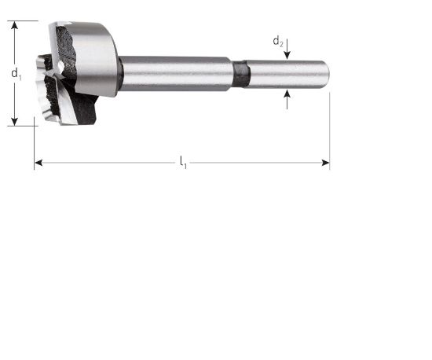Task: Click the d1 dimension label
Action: (x=16, y=73)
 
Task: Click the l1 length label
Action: (x=183, y=163)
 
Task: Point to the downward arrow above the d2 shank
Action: (x=287, y=53)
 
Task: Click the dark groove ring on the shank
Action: (x=242, y=74)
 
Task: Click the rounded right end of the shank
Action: (x=325, y=74)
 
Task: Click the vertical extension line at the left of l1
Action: (x=35, y=145)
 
